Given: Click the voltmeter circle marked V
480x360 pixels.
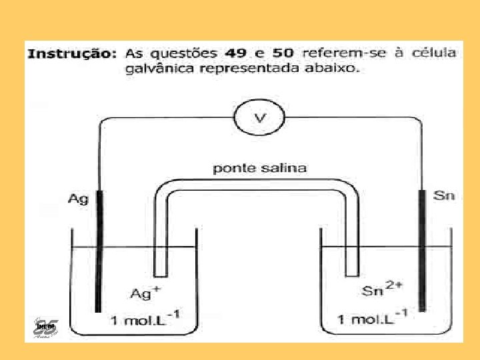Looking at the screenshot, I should (259, 118).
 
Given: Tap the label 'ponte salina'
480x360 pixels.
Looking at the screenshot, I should (260, 168).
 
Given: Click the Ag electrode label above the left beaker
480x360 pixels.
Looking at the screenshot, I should (78, 199).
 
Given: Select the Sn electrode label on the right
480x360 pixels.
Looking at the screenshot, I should (443, 195).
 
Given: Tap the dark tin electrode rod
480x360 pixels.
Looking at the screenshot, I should (421, 250).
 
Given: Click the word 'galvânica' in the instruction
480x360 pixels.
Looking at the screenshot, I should (157, 71).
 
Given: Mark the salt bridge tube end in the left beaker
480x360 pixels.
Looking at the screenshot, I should (160, 270).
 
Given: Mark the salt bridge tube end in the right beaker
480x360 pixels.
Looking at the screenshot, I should (351, 270).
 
